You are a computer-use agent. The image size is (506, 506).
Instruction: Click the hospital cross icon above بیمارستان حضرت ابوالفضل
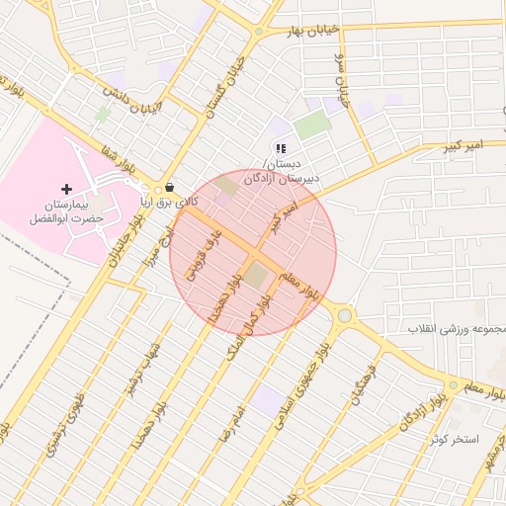(x=66, y=189)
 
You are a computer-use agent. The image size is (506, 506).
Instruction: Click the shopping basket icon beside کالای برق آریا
(x=170, y=186)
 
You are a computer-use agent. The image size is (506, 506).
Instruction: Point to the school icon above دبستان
(x=281, y=148)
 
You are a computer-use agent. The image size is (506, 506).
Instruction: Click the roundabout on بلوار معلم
(x=344, y=316)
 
